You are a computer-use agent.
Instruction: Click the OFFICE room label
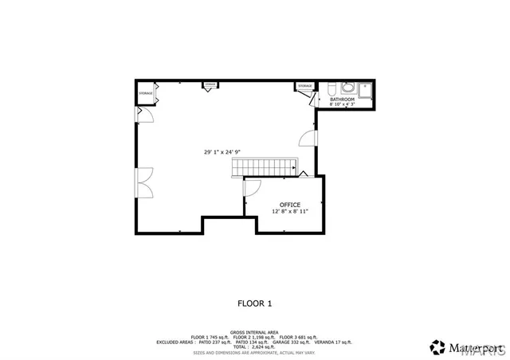click(289, 205)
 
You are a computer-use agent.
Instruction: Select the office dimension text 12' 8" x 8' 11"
click(289, 212)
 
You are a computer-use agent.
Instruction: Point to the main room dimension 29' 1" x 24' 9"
click(222, 151)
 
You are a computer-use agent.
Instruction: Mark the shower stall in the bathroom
click(365, 89)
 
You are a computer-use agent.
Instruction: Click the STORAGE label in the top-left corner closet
click(145, 93)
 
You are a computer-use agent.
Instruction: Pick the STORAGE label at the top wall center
click(210, 84)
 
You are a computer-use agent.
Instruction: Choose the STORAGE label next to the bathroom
click(305, 85)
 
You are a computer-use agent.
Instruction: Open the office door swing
click(251, 188)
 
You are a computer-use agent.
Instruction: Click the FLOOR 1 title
click(255, 303)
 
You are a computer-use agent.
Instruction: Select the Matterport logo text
click(471, 346)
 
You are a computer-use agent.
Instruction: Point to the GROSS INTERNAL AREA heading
click(254, 331)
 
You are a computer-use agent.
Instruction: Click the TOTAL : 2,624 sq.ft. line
click(254, 348)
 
